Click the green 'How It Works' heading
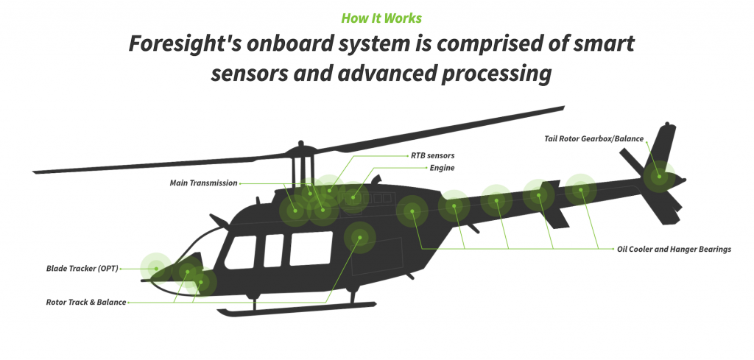pos(381,18)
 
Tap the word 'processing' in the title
pos(496,74)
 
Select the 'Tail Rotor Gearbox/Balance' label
pos(594,138)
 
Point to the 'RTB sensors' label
pos(432,156)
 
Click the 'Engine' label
pos(442,169)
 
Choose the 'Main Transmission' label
pos(203,183)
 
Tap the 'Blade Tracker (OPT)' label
pos(82,269)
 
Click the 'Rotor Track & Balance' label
pos(86,303)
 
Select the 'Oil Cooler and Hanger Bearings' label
pos(674,249)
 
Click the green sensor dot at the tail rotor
pos(659,177)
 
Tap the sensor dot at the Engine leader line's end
pos(353,197)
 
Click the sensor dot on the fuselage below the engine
pos(359,236)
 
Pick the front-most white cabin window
pos(241,253)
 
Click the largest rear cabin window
pos(311,248)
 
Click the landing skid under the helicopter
pos(296,309)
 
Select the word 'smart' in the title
pos(604,44)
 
